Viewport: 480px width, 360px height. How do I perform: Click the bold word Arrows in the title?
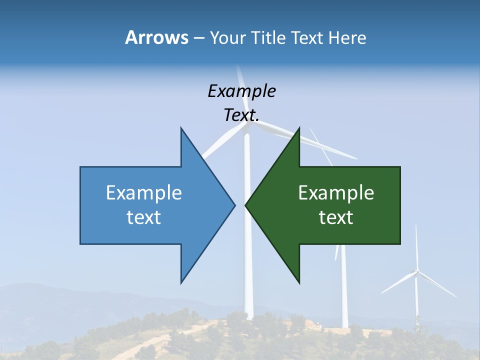pyautogui.click(x=156, y=37)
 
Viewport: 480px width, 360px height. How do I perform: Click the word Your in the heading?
pyautogui.click(x=228, y=37)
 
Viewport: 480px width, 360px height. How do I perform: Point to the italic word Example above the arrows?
pyautogui.click(x=241, y=91)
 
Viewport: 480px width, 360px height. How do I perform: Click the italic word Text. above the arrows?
pyautogui.click(x=241, y=115)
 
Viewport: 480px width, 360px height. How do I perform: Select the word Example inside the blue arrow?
pyautogui.click(x=144, y=192)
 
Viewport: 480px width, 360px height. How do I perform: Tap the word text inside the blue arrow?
pyautogui.click(x=144, y=217)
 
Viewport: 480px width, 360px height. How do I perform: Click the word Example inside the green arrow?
pyautogui.click(x=336, y=192)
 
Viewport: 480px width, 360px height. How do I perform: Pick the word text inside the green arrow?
pyautogui.click(x=336, y=217)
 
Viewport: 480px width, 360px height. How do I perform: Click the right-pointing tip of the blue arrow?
pyautogui.click(x=234, y=205)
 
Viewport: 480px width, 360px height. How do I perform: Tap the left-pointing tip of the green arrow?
pyautogui.click(x=246, y=205)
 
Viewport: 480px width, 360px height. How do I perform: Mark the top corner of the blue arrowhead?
pyautogui.click(x=181, y=128)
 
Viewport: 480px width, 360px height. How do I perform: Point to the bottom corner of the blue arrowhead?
pyautogui.click(x=181, y=282)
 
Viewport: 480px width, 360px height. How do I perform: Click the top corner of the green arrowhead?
pyautogui.click(x=299, y=128)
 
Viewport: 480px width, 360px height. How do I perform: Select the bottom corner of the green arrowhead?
pyautogui.click(x=299, y=282)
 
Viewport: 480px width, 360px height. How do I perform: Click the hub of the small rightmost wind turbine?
pyautogui.click(x=416, y=272)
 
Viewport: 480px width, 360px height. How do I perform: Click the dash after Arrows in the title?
pyautogui.click(x=198, y=38)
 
